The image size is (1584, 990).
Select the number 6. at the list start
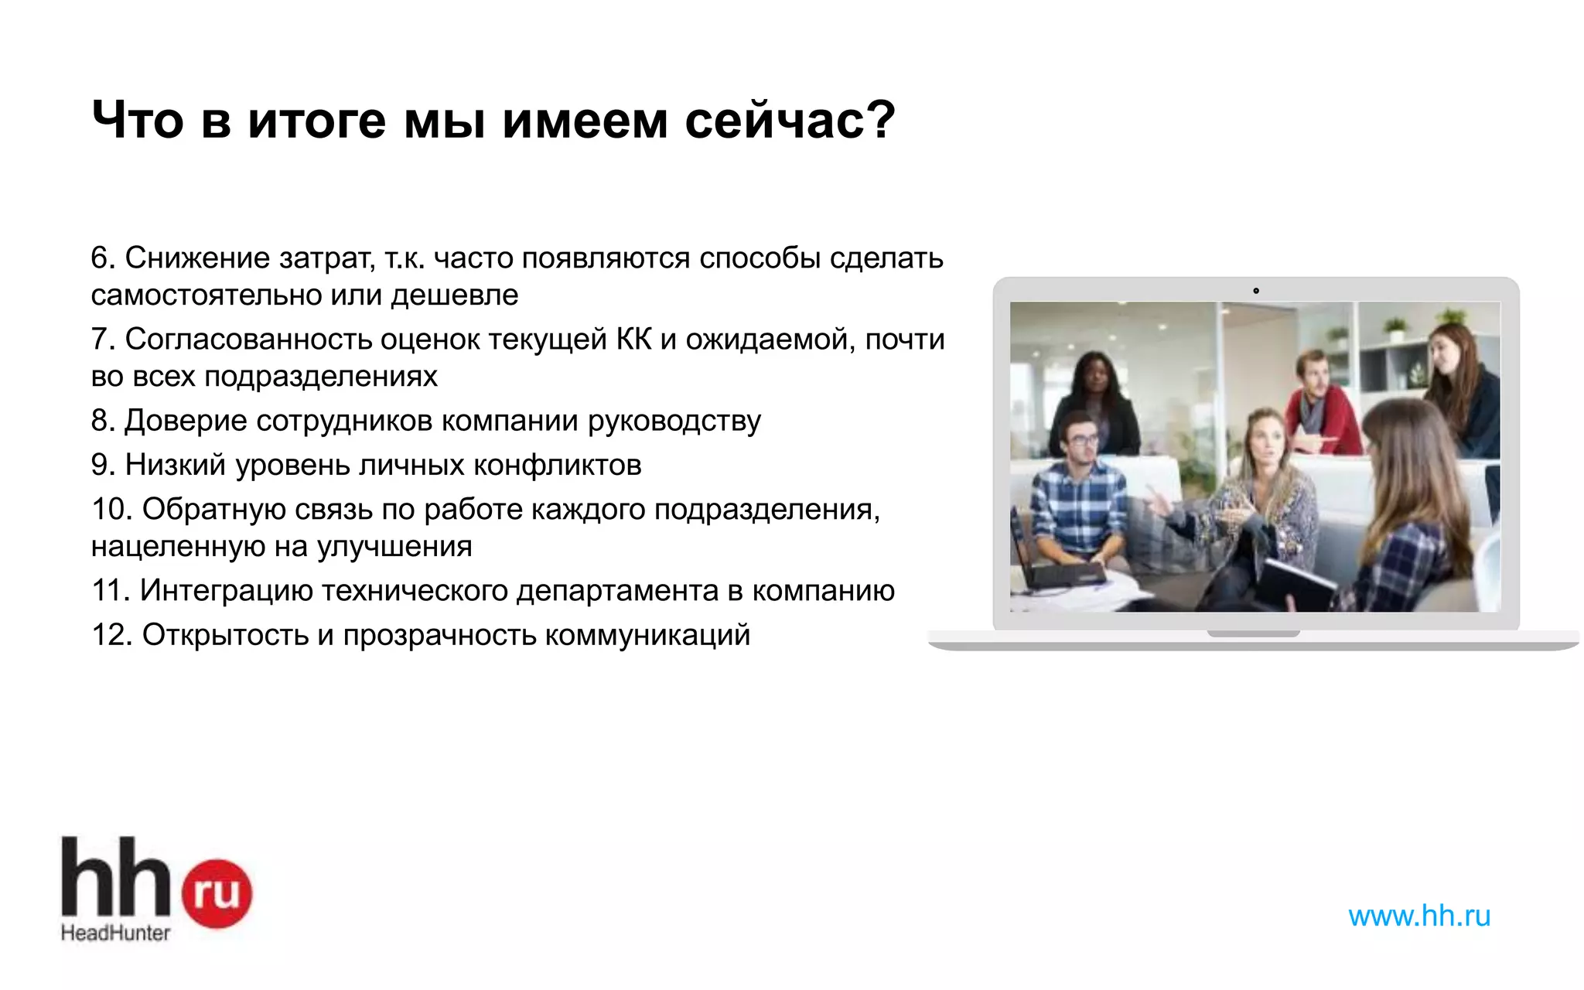point(103,258)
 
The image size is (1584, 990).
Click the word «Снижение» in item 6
point(197,258)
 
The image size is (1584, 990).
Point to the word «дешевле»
point(455,295)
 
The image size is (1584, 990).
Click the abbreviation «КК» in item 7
point(633,339)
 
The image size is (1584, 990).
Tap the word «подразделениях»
point(321,376)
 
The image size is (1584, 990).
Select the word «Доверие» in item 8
point(185,420)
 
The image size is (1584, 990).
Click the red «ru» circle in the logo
point(217,893)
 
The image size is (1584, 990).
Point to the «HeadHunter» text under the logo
point(116,933)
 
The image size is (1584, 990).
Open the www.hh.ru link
point(1419,916)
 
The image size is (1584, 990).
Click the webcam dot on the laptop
point(1256,291)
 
